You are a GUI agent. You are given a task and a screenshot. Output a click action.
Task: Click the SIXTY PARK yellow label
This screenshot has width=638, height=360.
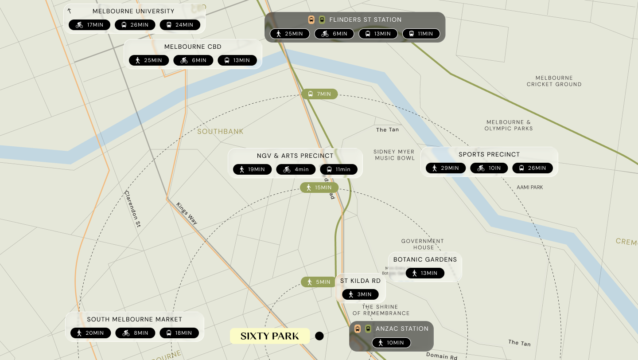270,336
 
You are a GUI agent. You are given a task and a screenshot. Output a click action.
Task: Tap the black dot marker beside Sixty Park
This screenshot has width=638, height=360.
319,336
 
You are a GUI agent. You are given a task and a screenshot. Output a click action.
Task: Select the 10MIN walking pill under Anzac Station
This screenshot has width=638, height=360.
391,343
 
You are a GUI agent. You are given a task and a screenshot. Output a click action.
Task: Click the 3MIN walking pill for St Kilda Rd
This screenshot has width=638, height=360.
360,294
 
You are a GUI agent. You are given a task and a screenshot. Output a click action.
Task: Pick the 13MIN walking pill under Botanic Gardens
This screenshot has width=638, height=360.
424,273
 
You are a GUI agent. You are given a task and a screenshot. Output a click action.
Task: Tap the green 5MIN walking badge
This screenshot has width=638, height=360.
319,282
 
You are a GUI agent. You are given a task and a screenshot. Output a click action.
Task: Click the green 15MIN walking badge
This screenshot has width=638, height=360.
319,188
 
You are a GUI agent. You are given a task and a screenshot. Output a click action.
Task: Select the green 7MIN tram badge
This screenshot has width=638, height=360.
319,94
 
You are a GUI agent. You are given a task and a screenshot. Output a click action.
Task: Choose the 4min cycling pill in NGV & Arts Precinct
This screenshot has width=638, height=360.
296,169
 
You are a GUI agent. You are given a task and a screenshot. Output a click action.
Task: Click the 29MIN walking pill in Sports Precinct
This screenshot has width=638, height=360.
446,168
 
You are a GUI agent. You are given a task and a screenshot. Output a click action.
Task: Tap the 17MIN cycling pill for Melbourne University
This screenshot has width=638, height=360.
89,25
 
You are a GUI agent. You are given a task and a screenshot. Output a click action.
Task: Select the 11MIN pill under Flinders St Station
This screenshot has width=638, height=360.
421,34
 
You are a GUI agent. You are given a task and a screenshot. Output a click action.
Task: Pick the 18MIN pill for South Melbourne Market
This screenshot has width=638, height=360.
179,333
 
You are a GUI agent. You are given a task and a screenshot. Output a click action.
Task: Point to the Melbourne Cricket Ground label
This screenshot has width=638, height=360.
554,81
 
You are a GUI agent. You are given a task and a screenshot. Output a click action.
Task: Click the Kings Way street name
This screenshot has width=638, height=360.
187,214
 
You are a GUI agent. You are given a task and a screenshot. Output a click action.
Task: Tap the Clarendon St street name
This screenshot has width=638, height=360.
132,209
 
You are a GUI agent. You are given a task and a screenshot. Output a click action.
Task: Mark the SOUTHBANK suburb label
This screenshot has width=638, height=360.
220,132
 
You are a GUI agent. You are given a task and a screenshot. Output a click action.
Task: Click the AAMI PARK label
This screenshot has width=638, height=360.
529,188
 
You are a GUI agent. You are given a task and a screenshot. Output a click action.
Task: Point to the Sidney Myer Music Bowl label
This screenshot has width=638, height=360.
394,155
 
